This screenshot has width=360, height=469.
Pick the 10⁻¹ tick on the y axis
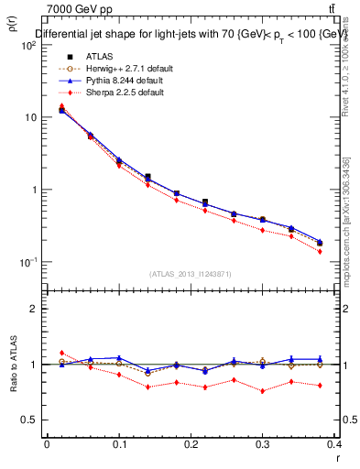[27, 262]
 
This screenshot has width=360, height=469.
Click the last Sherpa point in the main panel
[320, 251]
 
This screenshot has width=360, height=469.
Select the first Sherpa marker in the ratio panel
[61, 353]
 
